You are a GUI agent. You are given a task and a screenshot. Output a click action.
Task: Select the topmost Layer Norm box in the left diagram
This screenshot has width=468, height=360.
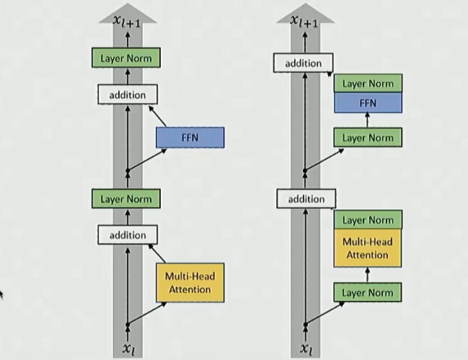(x=127, y=58)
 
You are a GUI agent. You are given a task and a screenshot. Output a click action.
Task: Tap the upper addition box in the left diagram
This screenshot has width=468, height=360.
(x=127, y=95)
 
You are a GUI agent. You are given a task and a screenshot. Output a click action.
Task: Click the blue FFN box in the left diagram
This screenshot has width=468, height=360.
(x=190, y=138)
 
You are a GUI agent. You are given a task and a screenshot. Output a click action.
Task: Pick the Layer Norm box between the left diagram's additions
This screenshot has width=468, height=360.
(x=127, y=198)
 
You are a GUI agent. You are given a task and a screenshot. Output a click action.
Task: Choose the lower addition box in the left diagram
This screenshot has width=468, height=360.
(x=127, y=234)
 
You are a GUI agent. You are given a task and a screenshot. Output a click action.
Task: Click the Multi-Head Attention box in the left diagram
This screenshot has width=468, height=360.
(x=190, y=283)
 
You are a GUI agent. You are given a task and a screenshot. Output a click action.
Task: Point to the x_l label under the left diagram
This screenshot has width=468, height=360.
(x=128, y=348)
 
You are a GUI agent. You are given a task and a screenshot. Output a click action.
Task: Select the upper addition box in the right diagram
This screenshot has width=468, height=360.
(x=303, y=63)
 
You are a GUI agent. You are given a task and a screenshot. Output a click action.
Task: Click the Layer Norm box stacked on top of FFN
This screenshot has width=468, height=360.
(x=368, y=84)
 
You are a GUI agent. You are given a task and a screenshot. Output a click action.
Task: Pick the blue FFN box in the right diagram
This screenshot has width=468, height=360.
(x=368, y=103)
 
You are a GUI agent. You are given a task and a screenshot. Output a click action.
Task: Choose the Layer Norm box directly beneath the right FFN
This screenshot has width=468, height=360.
(x=368, y=137)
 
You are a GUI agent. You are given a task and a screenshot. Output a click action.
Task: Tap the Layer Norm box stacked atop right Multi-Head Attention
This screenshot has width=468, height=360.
(x=368, y=220)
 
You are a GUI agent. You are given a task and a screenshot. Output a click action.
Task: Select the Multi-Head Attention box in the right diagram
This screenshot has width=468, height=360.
(x=368, y=248)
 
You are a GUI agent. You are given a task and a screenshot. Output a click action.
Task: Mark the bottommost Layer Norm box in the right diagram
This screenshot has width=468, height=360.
(x=368, y=292)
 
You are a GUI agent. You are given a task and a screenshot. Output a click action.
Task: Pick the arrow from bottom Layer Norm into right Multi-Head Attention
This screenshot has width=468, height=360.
(x=368, y=275)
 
